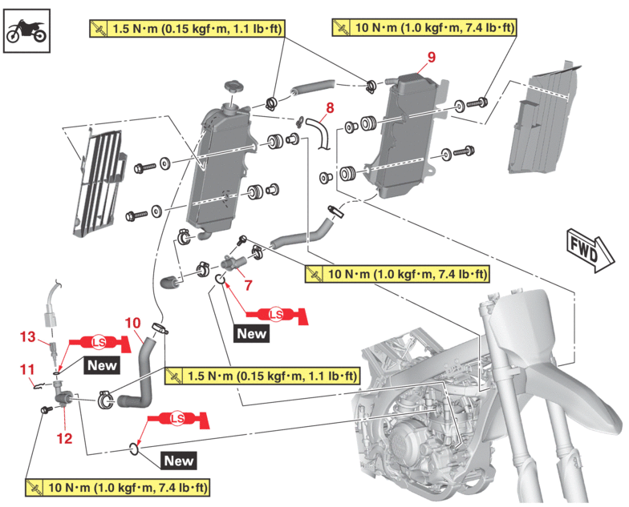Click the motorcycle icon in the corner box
(25, 30)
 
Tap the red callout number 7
(248, 284)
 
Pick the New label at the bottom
(178, 461)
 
